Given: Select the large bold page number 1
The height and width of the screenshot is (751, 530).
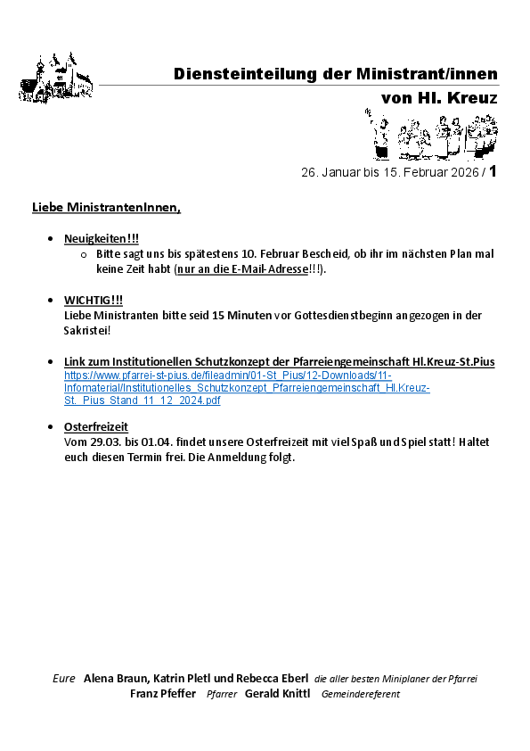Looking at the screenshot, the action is click(493, 170).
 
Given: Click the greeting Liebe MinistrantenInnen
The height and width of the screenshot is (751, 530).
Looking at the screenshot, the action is click(106, 208).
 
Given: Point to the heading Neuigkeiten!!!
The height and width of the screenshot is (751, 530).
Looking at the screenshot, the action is click(102, 239).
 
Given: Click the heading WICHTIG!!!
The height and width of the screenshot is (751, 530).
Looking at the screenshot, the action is click(94, 300).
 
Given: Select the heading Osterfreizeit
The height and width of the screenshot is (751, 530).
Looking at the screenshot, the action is click(96, 427).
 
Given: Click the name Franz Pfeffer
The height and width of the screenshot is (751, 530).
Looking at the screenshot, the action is click(163, 693).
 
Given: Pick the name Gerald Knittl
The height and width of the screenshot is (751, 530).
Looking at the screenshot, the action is click(278, 693).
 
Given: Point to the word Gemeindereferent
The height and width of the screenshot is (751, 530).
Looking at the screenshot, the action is click(361, 694).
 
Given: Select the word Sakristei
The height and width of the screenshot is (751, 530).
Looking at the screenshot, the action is click(86, 330).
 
